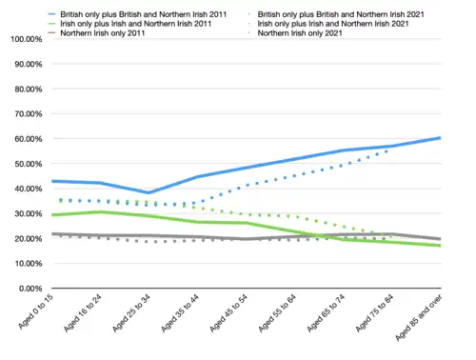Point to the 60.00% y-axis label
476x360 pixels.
pyautogui.click(x=21, y=139)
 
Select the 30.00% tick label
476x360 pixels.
pyautogui.click(x=21, y=213)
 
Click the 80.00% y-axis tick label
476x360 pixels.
pyautogui.click(x=21, y=90)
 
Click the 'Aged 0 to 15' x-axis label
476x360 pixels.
pyautogui.click(x=36, y=315)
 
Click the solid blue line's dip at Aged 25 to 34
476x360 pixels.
pyautogui.click(x=148, y=192)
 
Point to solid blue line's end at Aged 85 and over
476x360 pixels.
pyautogui.click(x=440, y=138)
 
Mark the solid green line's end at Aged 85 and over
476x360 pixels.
pyautogui.click(x=440, y=246)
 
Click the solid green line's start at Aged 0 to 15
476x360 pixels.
pyautogui.click(x=51, y=215)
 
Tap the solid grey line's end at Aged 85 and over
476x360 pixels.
pyautogui.click(x=440, y=239)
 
